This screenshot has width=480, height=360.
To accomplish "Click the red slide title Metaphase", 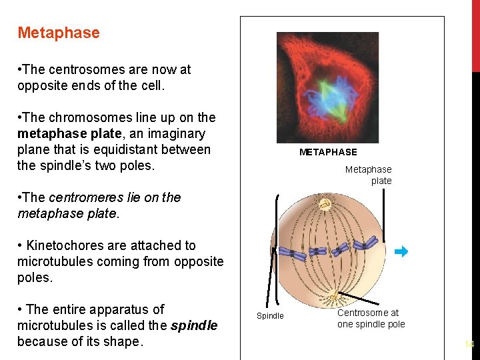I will pyautogui.click(x=59, y=33).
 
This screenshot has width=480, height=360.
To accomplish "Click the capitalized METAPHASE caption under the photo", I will pyautogui.click(x=328, y=152).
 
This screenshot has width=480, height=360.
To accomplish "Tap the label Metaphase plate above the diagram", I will pyautogui.click(x=369, y=175).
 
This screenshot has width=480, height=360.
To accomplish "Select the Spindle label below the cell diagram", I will pyautogui.click(x=270, y=316).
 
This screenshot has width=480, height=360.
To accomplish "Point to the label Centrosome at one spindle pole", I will pyautogui.click(x=371, y=319).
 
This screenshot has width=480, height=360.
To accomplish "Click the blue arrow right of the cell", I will pyautogui.click(x=400, y=251).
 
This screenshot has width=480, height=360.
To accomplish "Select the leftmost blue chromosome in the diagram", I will pyautogui.click(x=293, y=253).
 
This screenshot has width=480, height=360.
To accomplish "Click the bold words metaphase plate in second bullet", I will pyautogui.click(x=60, y=133).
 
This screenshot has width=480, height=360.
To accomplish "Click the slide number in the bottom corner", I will pyautogui.click(x=469, y=345).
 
